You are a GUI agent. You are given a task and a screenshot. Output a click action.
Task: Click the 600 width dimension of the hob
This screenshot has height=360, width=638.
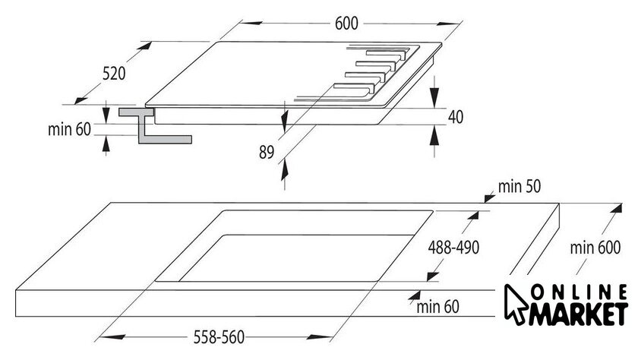point(346,24)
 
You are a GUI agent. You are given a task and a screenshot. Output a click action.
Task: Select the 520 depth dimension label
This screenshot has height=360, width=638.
point(114,74)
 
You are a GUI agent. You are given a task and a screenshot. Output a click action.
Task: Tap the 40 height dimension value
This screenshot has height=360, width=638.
point(456,117)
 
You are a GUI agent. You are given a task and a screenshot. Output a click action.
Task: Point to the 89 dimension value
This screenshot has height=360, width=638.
point(267,152)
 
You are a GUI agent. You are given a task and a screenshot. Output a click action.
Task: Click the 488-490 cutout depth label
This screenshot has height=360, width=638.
point(453,247)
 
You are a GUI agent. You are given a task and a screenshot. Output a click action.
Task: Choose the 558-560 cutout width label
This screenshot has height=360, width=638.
point(219,336)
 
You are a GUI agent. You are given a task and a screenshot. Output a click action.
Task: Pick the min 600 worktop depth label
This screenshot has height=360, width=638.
point(595,248)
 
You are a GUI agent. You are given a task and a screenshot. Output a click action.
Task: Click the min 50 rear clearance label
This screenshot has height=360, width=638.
point(520,186)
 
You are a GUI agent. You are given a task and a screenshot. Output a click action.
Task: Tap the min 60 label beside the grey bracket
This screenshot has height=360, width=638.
point(69,129)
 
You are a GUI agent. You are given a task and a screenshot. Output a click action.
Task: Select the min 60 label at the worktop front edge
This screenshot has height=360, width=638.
point(437,306)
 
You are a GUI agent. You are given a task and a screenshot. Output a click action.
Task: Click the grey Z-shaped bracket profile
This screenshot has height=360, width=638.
point(155,125)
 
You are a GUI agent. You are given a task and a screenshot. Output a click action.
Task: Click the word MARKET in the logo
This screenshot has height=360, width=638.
point(578,314)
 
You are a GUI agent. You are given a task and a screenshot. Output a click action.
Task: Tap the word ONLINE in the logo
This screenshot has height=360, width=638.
point(580,292)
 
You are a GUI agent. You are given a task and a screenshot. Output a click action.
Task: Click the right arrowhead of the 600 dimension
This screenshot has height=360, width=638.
point(449,24)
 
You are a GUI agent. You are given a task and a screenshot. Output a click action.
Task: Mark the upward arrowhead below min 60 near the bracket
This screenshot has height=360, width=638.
point(106,144)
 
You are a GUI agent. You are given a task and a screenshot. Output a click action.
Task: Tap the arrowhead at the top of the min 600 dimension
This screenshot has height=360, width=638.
point(617,208)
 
